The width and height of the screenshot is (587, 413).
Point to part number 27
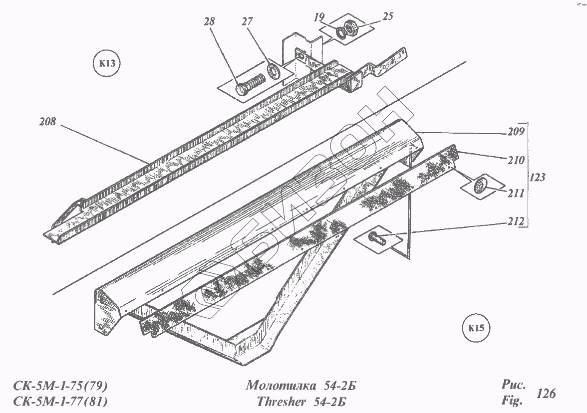(248, 22)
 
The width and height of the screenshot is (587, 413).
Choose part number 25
(388, 16)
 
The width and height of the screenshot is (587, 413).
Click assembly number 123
(537, 177)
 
